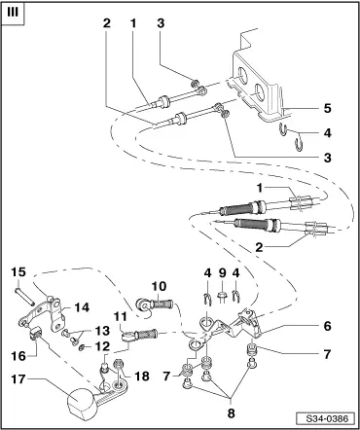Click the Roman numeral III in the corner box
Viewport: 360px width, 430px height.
(x=13, y=13)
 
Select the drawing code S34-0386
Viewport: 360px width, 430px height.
(x=327, y=418)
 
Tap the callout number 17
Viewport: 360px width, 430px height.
(x=18, y=378)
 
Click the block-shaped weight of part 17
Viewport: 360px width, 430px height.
(x=81, y=402)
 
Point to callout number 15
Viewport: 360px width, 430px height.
(x=18, y=271)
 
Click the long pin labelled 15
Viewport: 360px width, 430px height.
(x=23, y=296)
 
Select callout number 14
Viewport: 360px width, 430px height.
(x=82, y=306)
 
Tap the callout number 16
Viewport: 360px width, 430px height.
(x=18, y=356)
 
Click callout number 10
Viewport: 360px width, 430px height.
(x=159, y=287)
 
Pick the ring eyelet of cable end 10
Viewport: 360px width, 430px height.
(x=142, y=305)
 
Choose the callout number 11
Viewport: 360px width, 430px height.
(x=121, y=316)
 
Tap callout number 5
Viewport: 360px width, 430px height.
(x=327, y=108)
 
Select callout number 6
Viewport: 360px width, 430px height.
(x=327, y=326)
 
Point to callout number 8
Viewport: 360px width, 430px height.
(x=231, y=413)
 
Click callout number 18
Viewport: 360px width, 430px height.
(x=142, y=376)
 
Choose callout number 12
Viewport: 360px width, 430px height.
(x=103, y=346)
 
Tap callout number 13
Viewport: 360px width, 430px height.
(x=103, y=331)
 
